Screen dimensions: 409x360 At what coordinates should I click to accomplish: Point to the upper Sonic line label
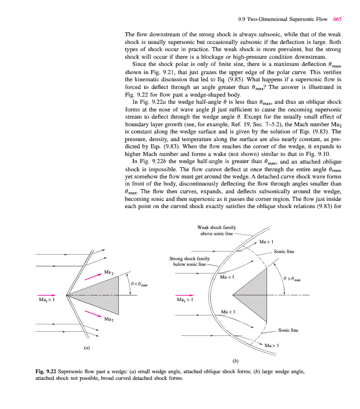coord(284,252)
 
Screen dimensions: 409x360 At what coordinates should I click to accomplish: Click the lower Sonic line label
coord(287,330)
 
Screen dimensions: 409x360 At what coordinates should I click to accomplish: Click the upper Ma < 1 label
coord(227,278)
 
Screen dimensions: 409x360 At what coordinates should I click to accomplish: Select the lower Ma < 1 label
coord(228,312)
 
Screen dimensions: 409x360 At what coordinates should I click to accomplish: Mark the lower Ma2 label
coord(108,319)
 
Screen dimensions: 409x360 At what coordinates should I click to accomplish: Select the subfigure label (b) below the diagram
coord(235,361)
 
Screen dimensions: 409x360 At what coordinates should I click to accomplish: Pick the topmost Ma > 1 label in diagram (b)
coord(267,241)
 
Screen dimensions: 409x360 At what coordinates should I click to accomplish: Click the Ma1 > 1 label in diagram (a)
coord(46,300)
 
